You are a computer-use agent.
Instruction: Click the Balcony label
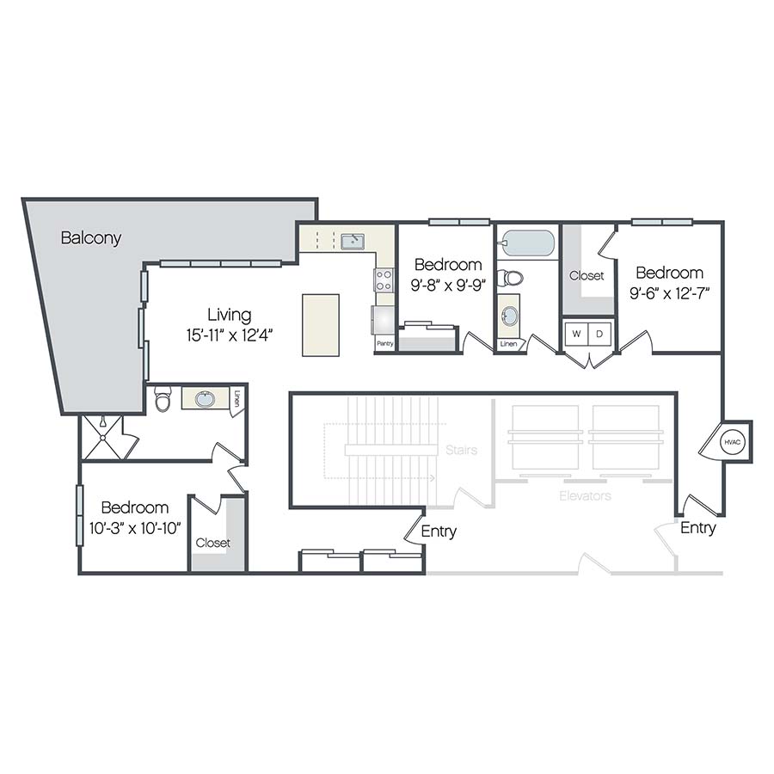click(x=91, y=238)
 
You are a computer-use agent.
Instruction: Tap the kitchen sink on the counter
click(x=353, y=242)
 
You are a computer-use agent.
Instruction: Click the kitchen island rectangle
click(x=320, y=325)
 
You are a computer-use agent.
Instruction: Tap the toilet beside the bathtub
click(x=513, y=278)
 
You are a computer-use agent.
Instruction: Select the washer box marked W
click(x=575, y=333)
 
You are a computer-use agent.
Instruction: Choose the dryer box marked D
click(x=600, y=333)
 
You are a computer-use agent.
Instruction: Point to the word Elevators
click(x=585, y=496)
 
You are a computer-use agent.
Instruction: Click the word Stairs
click(x=462, y=450)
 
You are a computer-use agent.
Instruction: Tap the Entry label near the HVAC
click(x=697, y=528)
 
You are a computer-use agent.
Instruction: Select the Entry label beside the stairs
click(x=439, y=531)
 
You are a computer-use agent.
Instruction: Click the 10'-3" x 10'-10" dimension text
click(x=135, y=527)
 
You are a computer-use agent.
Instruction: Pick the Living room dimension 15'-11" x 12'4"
click(x=229, y=335)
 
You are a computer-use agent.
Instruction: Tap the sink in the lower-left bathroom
click(x=205, y=399)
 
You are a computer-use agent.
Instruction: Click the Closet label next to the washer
click(x=587, y=276)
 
